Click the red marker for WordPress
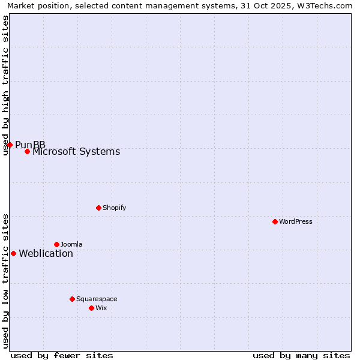(275, 221)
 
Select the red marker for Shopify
(98, 208)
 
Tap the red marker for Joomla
(56, 244)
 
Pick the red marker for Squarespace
(72, 299)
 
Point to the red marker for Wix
(91, 308)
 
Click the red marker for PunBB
(10, 145)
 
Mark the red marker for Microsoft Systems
(27, 151)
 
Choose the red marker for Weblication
(13, 253)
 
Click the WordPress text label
(296, 221)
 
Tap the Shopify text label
(114, 208)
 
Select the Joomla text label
(71, 244)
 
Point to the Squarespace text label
(97, 299)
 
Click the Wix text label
(101, 308)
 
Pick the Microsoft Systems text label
(76, 151)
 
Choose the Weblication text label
(46, 253)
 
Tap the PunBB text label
(30, 145)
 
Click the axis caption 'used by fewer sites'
(62, 355)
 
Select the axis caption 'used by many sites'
(301, 355)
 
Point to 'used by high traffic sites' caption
(6, 85)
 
